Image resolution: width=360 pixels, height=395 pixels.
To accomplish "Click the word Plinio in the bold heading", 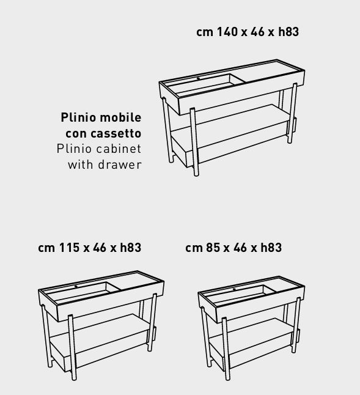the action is [x=78, y=117].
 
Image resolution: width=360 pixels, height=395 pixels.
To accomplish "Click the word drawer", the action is [x=120, y=164].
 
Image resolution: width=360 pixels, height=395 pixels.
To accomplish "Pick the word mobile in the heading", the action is [x=121, y=117].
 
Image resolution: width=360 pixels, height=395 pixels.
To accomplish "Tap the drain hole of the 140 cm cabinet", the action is [x=198, y=79].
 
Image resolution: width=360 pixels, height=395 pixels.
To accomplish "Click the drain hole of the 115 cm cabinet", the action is [x=76, y=287].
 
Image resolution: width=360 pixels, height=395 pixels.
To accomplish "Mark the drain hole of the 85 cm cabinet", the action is [x=234, y=289].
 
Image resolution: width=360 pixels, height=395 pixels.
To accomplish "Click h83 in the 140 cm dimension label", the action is [x=288, y=32].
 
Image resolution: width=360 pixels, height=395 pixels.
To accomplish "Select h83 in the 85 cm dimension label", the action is [x=271, y=248].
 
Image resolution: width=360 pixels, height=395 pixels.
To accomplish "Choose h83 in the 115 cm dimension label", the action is [x=131, y=248].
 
